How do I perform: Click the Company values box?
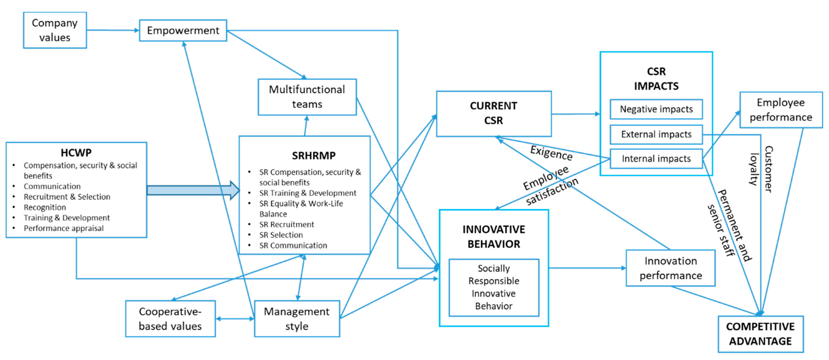pyautogui.click(x=55, y=30)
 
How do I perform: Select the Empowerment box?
pyautogui.click(x=183, y=31)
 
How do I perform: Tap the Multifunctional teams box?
pyautogui.click(x=307, y=97)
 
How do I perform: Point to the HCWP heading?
pyautogui.click(x=76, y=153)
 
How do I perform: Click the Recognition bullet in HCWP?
pyautogui.click(x=45, y=207)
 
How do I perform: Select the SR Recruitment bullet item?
pyautogui.click(x=286, y=224)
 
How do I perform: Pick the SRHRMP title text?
pyautogui.click(x=314, y=156)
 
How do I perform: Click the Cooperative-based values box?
pyautogui.click(x=170, y=319)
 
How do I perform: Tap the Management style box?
pyautogui.click(x=297, y=319)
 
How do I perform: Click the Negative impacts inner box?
pyautogui.click(x=656, y=109)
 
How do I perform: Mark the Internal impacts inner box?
pyautogui.click(x=656, y=159)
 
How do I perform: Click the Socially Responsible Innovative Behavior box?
pyautogui.click(x=494, y=287)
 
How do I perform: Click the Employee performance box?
pyautogui.click(x=781, y=110)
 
